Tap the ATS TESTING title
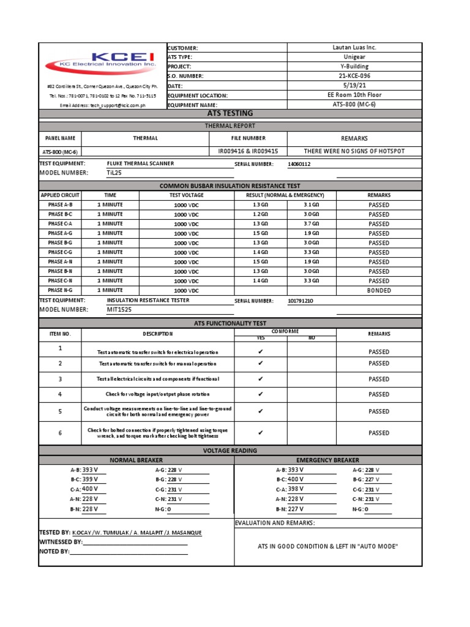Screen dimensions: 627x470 click(x=230, y=114)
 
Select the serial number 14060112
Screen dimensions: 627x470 click(x=299, y=164)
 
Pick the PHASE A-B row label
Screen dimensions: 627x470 click(x=60, y=205)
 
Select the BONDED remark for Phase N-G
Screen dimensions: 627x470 click(x=379, y=290)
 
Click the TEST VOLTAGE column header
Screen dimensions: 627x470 click(x=186, y=195)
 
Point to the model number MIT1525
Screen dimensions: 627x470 click(x=119, y=310)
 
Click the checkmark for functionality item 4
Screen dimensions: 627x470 click(x=261, y=394)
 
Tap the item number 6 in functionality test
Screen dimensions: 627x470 click(x=60, y=433)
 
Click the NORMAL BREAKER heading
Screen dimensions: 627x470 click(x=136, y=460)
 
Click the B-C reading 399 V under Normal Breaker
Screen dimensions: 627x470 click(x=90, y=479)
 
